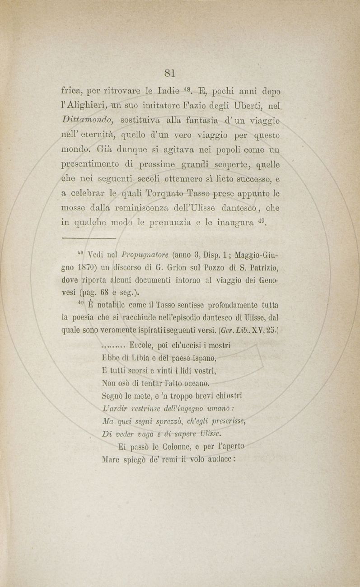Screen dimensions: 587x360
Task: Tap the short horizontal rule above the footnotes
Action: click(89, 238)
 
